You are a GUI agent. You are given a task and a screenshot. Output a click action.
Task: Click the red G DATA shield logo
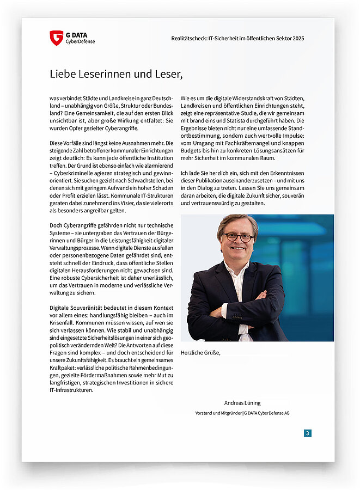click(56, 38)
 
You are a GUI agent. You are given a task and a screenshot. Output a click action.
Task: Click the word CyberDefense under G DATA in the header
click(80, 41)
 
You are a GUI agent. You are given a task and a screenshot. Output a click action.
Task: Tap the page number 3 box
click(308, 433)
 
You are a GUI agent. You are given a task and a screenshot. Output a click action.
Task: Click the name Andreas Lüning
click(242, 403)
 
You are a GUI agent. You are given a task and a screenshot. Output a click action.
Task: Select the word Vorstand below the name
click(206, 413)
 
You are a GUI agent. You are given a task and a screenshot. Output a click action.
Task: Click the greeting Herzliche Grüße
click(200, 353)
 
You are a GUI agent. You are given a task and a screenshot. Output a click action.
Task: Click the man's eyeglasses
click(239, 237)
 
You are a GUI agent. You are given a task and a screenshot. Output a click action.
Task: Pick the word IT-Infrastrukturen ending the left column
click(71, 390)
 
